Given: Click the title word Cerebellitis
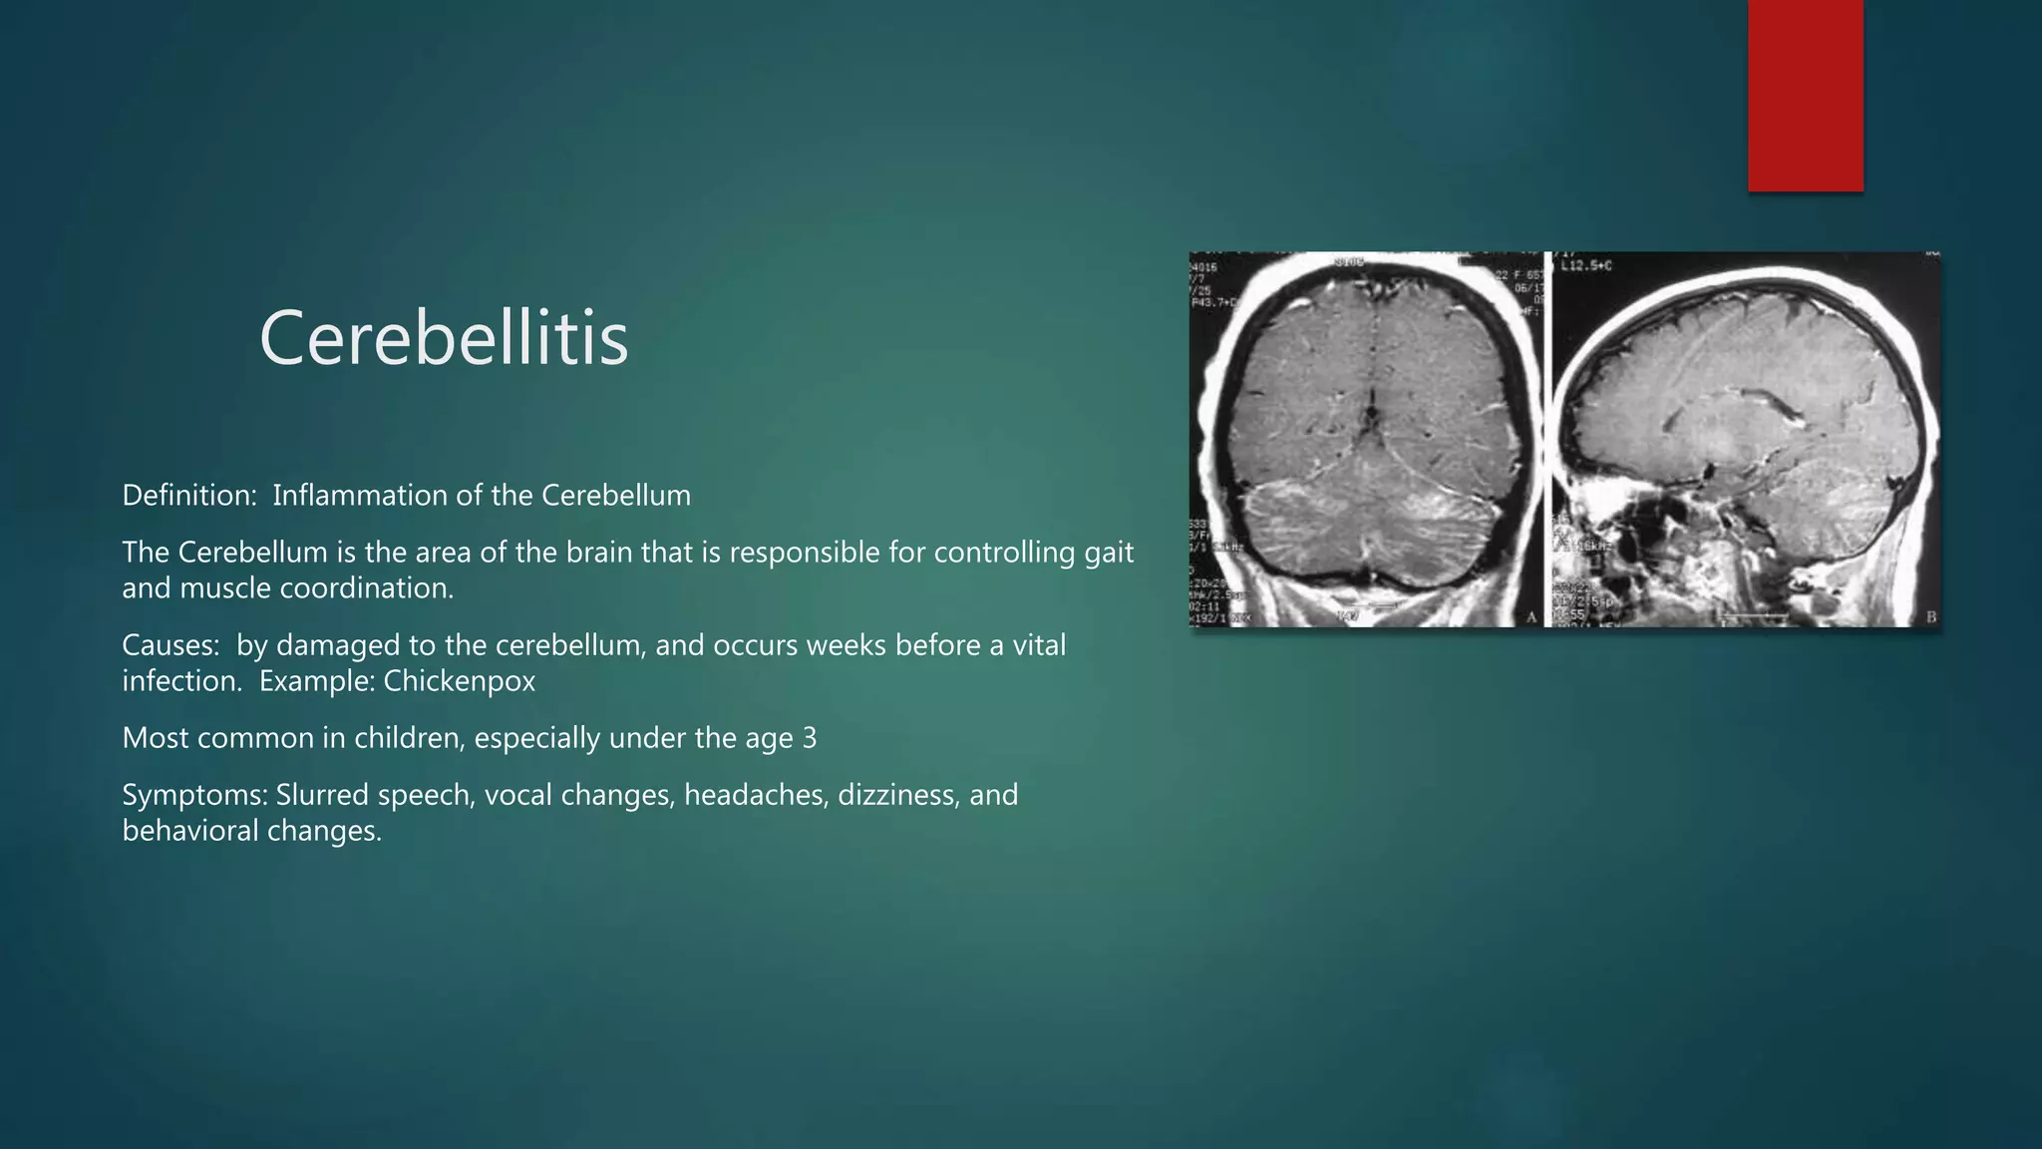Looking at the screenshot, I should tap(444, 338).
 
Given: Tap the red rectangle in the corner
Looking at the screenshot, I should tap(1805, 95).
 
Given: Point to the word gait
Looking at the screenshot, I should tap(1109, 553).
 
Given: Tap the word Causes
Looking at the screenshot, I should tap(170, 645).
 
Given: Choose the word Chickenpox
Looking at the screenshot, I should tap(460, 681).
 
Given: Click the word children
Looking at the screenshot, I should tap(402, 738).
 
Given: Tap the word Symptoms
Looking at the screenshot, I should tap(194, 795).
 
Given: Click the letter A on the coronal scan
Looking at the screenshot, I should tap(1531, 617).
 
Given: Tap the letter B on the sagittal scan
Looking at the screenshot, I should tap(1930, 617).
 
